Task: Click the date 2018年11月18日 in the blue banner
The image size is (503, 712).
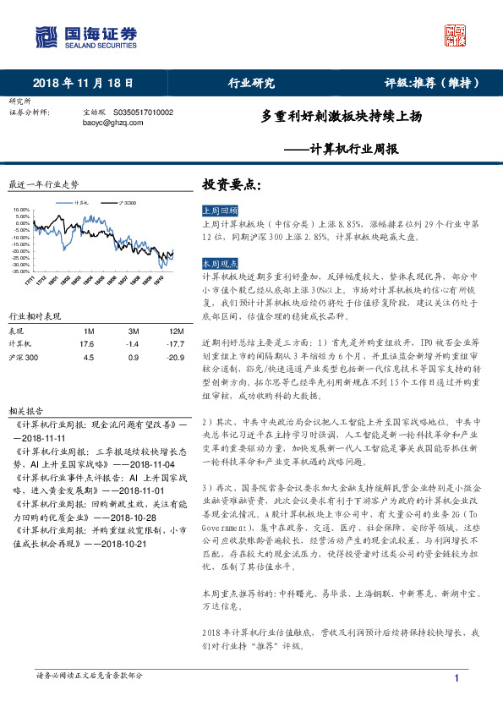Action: click(x=83, y=83)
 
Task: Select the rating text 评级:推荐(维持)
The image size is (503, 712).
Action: click(x=433, y=83)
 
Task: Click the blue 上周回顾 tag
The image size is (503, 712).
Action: click(x=221, y=211)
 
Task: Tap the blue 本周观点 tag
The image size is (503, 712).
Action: click(x=221, y=264)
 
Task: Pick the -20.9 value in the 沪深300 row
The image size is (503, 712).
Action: click(x=176, y=359)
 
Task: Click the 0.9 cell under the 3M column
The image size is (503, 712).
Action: click(x=133, y=359)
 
